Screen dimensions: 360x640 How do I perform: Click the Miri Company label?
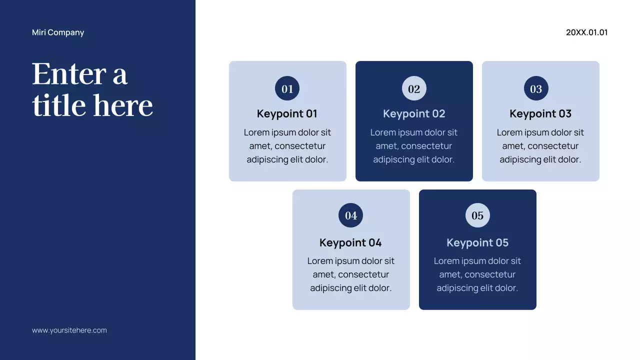point(58,32)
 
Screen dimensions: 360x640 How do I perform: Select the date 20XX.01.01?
point(586,32)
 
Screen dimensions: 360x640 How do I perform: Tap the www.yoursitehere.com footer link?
point(69,330)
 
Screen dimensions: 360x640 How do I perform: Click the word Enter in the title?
point(69,74)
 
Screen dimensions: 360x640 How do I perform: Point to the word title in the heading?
point(59,106)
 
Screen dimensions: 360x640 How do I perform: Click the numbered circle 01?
point(287,88)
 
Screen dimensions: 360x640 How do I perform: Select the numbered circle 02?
point(414,88)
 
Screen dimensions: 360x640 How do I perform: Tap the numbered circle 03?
point(536,88)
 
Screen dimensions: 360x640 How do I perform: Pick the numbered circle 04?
point(351,215)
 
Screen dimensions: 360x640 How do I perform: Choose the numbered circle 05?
point(477,215)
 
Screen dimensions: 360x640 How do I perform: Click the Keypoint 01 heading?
point(287,114)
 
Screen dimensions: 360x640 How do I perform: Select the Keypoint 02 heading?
point(414,114)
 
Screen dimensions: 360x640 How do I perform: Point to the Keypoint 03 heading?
point(540,114)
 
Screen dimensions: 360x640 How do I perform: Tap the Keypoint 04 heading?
point(350,243)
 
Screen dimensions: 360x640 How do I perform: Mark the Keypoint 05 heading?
point(477,243)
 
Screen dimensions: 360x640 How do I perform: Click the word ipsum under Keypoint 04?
point(348,261)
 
